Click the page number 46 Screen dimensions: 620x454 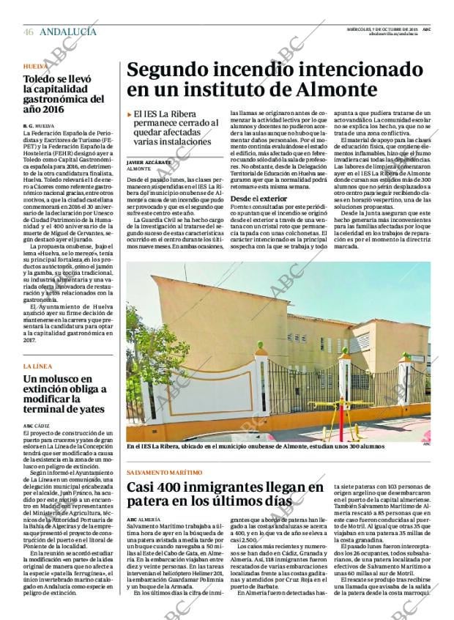(x=28, y=32)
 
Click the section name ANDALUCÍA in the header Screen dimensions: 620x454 (x=67, y=32)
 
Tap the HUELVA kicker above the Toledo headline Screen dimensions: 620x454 (x=34, y=66)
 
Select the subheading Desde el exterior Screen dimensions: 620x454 (x=258, y=199)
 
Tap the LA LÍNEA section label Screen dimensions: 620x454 (x=37, y=366)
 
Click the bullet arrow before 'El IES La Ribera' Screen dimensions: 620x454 (x=129, y=114)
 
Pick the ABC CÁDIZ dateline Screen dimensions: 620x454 (x=37, y=425)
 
